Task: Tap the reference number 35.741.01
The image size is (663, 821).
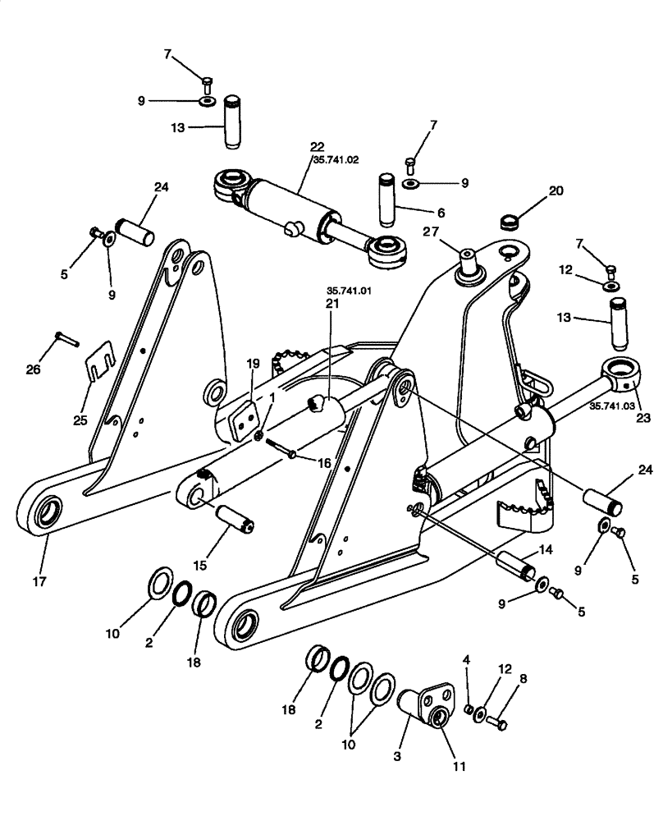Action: [349, 290]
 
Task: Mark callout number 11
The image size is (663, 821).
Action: [460, 767]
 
